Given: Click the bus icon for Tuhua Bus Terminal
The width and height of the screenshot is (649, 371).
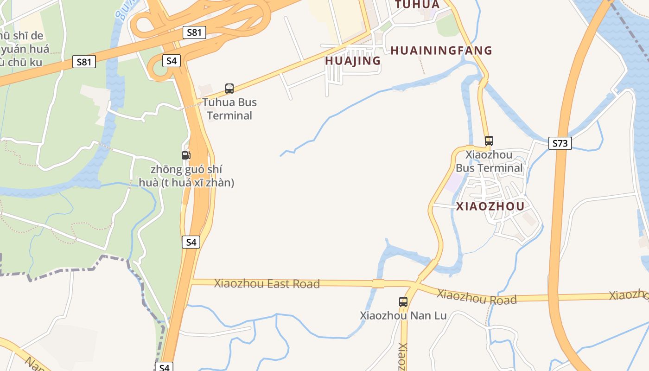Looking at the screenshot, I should [x=229, y=89].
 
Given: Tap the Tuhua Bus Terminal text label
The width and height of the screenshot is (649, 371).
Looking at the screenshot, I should [x=229, y=109].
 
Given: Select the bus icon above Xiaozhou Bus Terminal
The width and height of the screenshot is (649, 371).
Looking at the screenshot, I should [x=489, y=141].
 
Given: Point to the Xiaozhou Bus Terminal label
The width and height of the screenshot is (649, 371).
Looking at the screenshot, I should [x=489, y=161].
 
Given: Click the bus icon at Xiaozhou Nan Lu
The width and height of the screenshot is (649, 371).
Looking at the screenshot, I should [x=403, y=302].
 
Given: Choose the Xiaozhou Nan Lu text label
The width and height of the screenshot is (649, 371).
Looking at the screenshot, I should [x=403, y=316].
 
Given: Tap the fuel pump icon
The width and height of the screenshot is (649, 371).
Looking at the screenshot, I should [x=186, y=155].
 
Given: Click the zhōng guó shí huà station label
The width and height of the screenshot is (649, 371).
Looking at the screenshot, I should [x=186, y=176].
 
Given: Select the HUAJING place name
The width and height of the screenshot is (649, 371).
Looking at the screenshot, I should [x=353, y=61].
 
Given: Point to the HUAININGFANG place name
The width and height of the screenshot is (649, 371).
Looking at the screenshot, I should [x=441, y=51].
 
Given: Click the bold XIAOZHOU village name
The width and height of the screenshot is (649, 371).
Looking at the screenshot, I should [x=490, y=206].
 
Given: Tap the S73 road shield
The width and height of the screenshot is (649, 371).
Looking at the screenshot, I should [x=560, y=143].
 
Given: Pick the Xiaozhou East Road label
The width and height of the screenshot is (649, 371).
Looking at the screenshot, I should [x=267, y=283].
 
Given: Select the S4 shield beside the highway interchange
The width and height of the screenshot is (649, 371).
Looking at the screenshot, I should [x=172, y=60].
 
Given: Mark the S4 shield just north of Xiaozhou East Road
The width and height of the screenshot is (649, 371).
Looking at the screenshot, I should [x=191, y=242].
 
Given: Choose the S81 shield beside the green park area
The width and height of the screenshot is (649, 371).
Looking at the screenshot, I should [x=84, y=62].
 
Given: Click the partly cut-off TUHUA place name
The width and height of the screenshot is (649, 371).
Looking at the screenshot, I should [x=417, y=4].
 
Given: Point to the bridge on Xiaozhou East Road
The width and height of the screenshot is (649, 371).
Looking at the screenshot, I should [x=378, y=283].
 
